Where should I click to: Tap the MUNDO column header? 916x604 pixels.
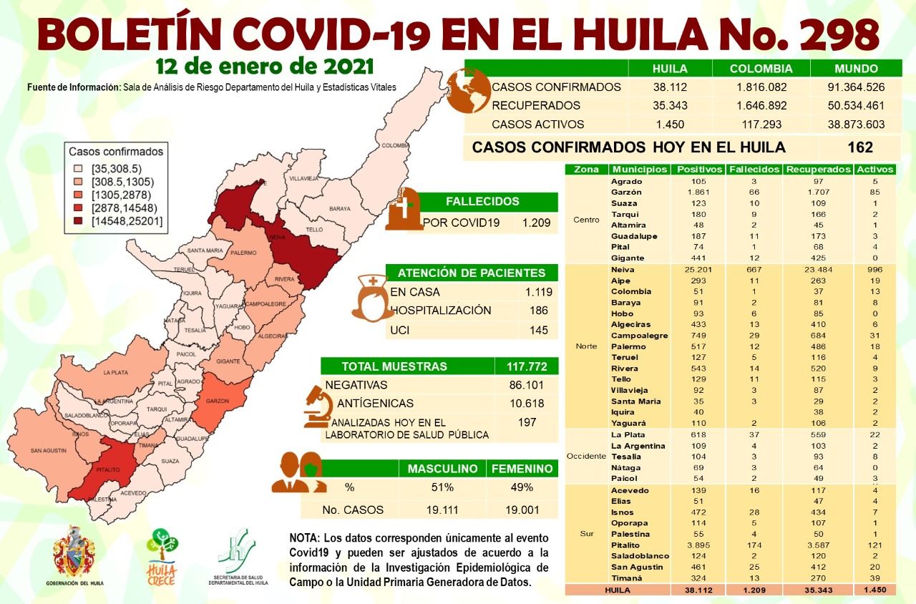856,69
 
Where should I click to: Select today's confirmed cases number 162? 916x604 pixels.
859,147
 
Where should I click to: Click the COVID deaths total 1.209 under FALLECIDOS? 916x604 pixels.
536,223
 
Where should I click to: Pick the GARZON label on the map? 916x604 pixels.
218,401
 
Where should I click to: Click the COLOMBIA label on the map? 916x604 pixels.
394,145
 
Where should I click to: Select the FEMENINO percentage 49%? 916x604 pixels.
522,487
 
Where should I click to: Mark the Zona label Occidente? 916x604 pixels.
586,456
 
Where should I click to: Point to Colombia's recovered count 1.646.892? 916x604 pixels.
761,106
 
